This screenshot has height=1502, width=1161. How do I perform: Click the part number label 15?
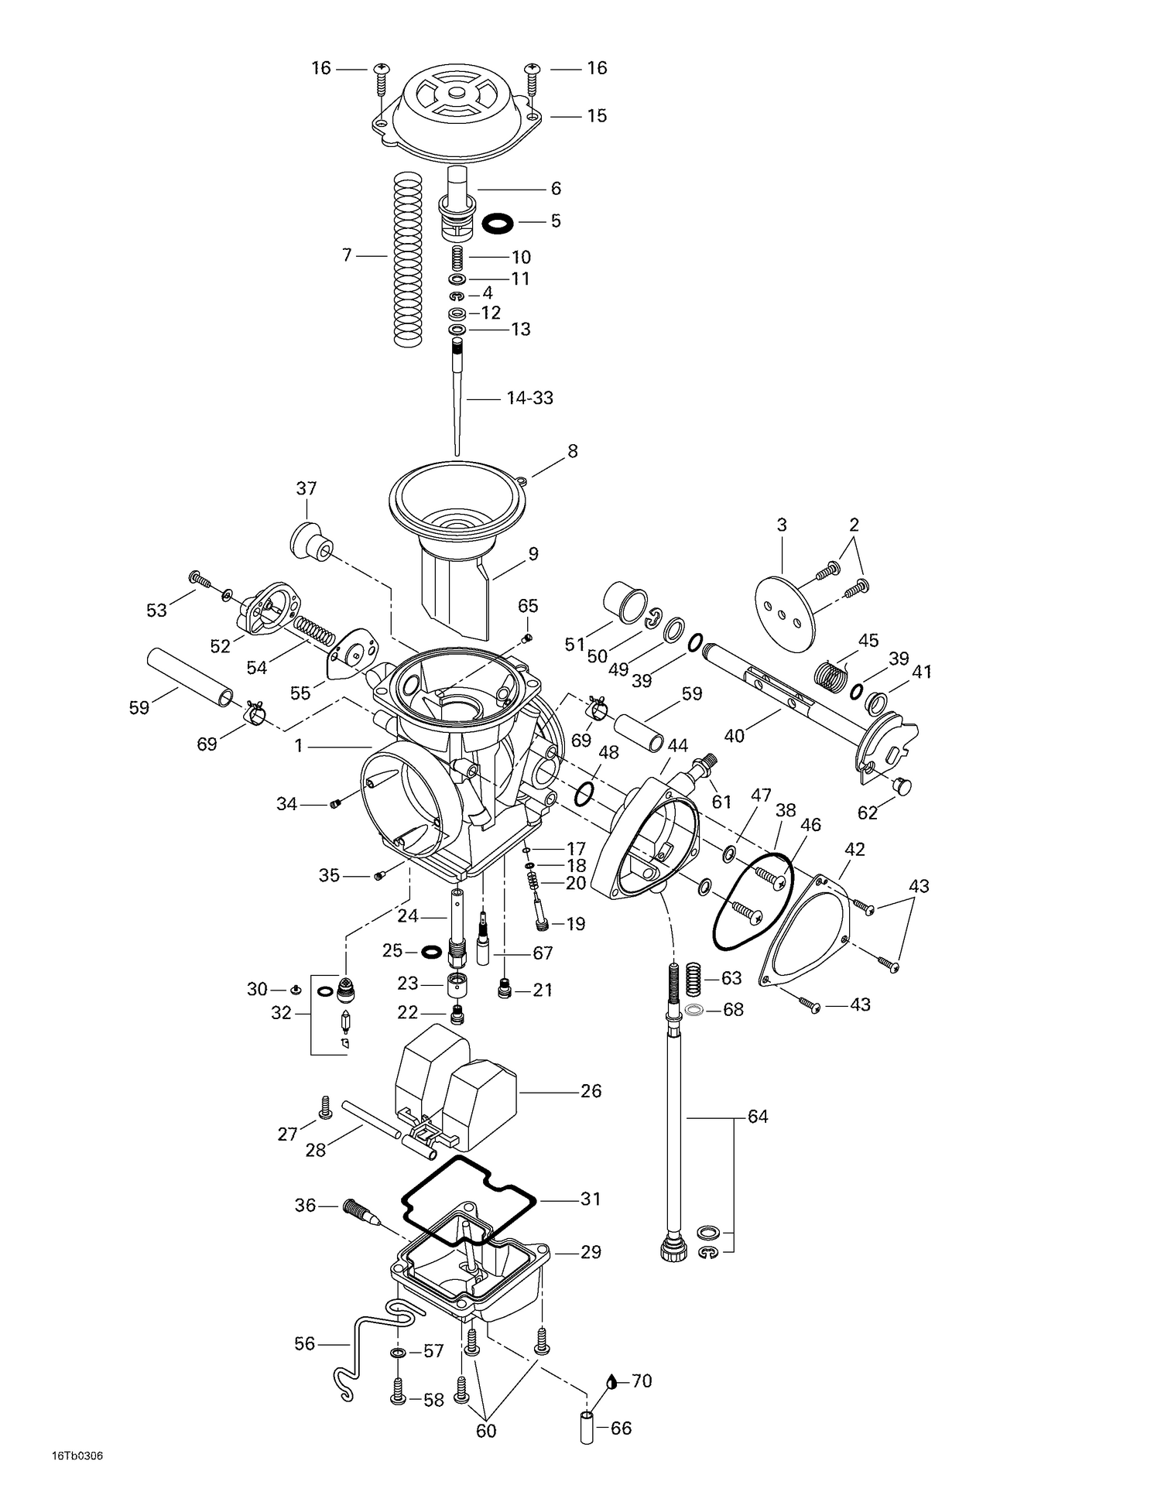(x=596, y=116)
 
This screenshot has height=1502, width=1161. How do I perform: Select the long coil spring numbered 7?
(x=409, y=258)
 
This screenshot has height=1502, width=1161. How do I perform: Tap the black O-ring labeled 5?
(x=498, y=224)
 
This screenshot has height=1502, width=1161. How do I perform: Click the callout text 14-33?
(x=529, y=399)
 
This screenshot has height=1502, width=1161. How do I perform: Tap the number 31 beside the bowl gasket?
(x=591, y=1199)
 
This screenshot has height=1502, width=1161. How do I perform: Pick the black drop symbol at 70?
(x=612, y=1381)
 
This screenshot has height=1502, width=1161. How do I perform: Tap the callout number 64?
(x=758, y=1117)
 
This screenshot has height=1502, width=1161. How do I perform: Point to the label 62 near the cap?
(x=868, y=813)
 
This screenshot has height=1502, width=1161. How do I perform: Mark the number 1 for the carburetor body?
(x=298, y=746)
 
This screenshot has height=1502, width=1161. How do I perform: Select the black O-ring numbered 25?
(x=432, y=950)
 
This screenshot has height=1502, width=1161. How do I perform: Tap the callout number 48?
(x=608, y=752)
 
